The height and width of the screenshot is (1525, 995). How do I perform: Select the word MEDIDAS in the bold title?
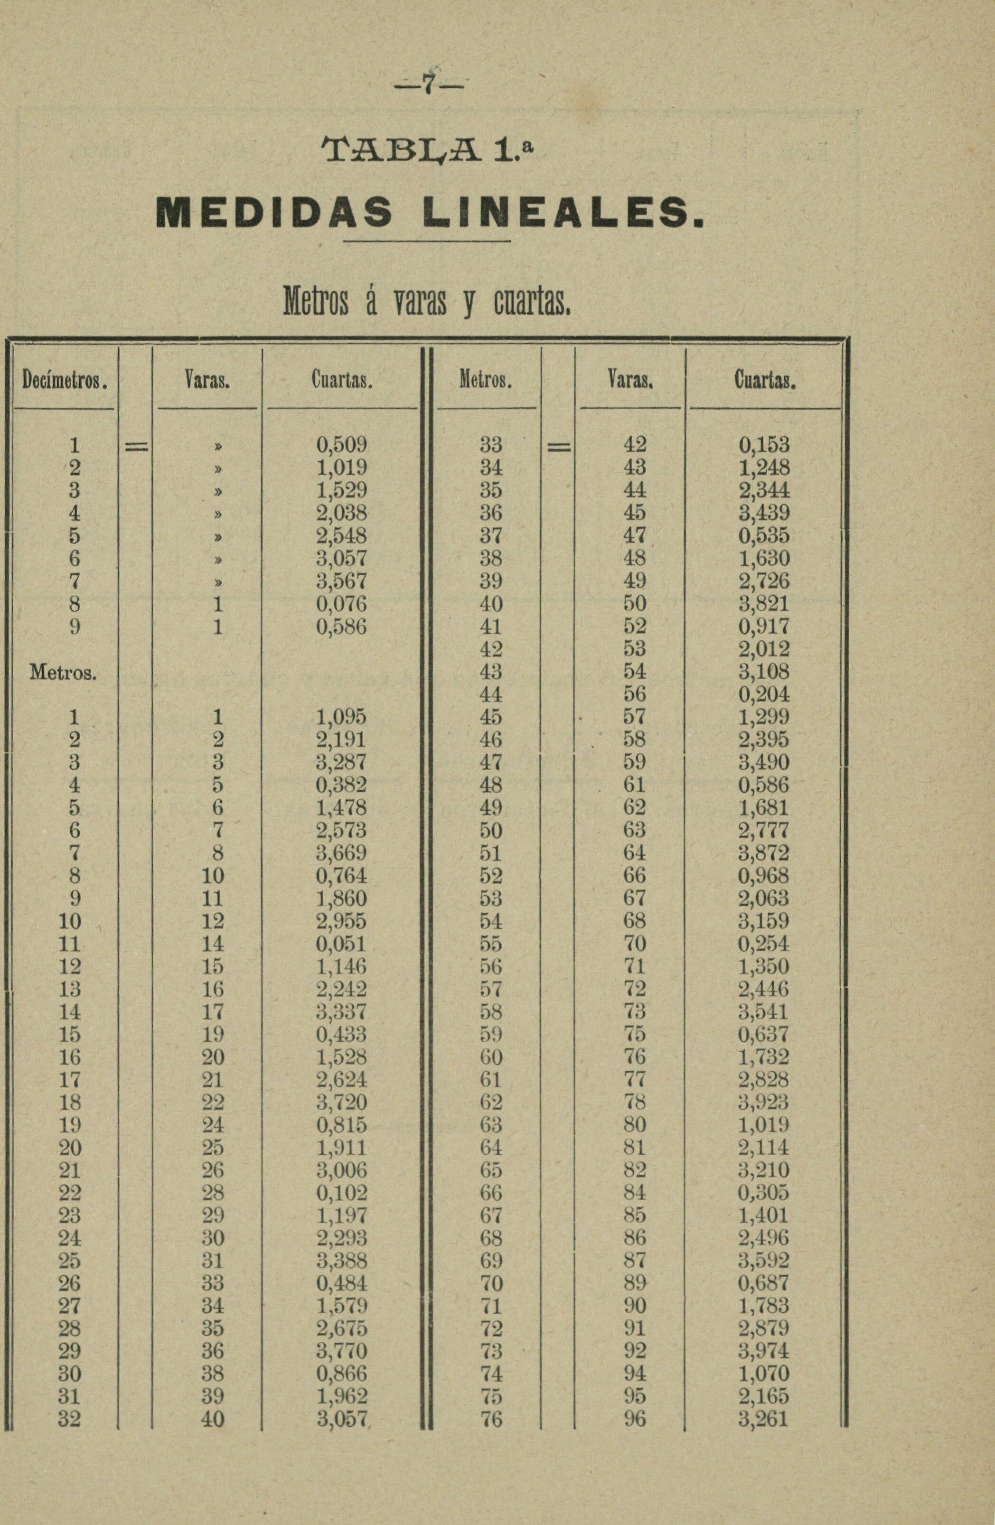274,212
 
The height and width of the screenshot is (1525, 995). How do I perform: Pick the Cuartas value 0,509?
341,445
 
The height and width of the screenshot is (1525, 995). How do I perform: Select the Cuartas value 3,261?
764,1419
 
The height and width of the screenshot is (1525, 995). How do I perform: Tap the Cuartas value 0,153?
764,445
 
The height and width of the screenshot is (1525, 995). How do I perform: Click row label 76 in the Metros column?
491,1419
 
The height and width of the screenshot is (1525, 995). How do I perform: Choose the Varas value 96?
635,1419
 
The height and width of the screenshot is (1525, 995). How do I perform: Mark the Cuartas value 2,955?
341,921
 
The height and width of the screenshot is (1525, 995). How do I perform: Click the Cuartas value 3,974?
764,1351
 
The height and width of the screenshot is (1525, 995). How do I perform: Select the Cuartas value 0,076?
341,604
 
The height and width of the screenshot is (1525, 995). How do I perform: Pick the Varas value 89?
635,1283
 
